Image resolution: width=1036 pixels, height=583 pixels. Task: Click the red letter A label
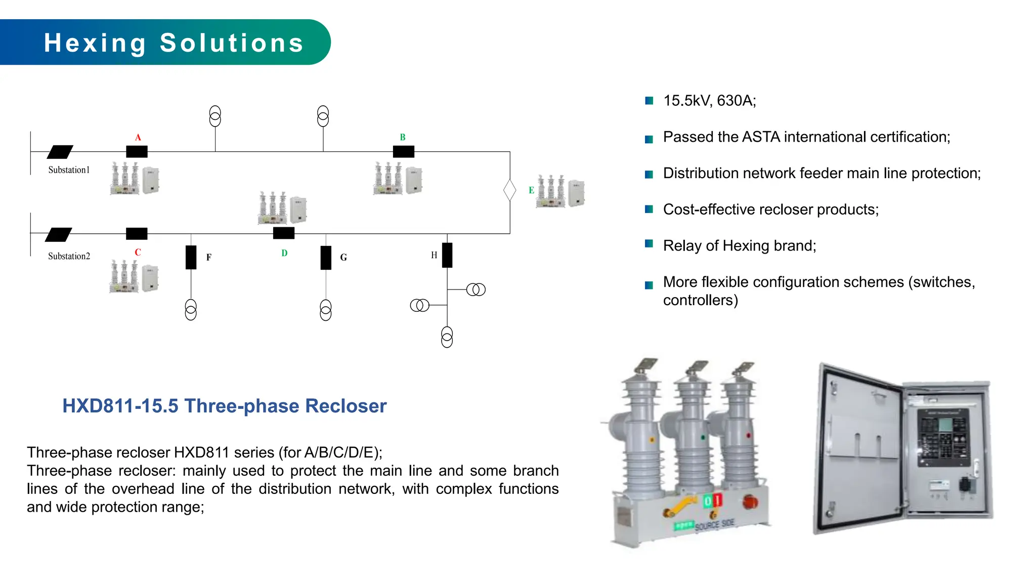point(138,137)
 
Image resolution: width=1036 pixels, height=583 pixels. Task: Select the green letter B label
point(403,137)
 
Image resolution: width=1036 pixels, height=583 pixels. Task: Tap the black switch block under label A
point(137,151)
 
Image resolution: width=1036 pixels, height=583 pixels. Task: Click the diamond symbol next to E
point(509,190)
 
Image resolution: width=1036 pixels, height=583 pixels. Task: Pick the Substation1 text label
point(69,170)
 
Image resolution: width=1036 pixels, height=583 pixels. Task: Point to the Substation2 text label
point(69,256)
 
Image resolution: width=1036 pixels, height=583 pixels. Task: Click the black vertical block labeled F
point(191,257)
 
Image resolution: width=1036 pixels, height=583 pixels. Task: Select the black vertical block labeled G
point(326,258)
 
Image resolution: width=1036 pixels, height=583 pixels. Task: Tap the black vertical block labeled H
point(447,255)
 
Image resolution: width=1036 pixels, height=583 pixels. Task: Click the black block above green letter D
point(284,233)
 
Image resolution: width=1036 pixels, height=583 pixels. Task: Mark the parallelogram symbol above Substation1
point(60,152)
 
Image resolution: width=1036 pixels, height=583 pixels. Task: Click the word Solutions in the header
point(232,43)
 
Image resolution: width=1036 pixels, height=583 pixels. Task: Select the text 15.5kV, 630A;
point(709,101)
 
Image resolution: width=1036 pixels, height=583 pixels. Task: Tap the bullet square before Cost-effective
point(649,209)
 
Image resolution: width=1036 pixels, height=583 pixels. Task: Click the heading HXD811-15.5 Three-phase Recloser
point(224,406)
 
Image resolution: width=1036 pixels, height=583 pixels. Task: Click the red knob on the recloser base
point(750,502)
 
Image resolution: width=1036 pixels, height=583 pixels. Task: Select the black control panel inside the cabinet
point(943,438)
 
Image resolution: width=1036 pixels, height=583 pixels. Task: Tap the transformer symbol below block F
point(191,310)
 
